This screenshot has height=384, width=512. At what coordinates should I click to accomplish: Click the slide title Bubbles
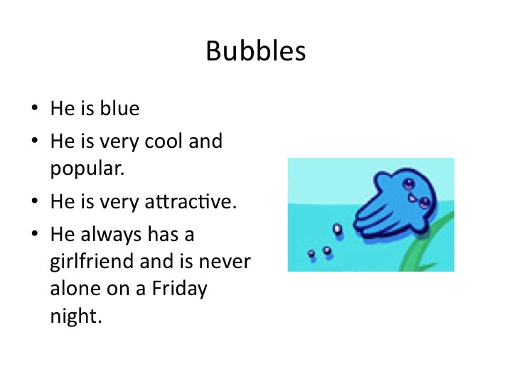256,51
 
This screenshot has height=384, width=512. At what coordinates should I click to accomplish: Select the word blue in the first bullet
119,108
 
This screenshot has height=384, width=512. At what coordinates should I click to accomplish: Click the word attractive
191,201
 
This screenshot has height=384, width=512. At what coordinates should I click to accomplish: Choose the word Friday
180,289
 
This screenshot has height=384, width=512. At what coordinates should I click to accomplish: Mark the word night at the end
76,316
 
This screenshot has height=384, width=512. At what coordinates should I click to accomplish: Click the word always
111,235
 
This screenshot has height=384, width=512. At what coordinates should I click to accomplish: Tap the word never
225,262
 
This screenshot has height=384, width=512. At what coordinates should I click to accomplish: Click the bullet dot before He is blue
35,108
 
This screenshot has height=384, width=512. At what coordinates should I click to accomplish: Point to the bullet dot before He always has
35,234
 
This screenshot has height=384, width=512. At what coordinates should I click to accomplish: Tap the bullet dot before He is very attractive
35,201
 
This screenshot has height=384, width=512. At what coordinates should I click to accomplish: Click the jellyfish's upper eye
408,184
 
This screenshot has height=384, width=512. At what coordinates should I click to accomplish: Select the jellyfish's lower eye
425,203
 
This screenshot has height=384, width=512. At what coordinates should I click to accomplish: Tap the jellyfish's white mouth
412,198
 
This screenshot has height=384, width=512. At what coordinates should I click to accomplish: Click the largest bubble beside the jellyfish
337,229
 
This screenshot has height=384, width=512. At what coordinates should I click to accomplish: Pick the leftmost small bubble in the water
311,254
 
